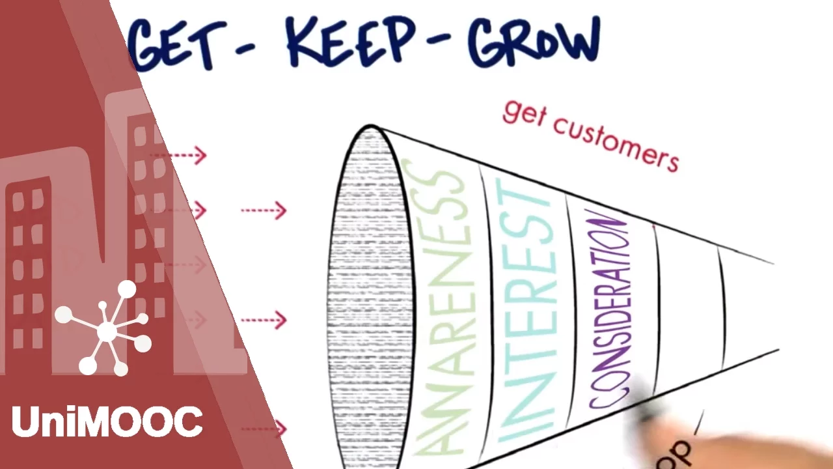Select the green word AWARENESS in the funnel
[445, 306]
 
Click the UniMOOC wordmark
[107, 421]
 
